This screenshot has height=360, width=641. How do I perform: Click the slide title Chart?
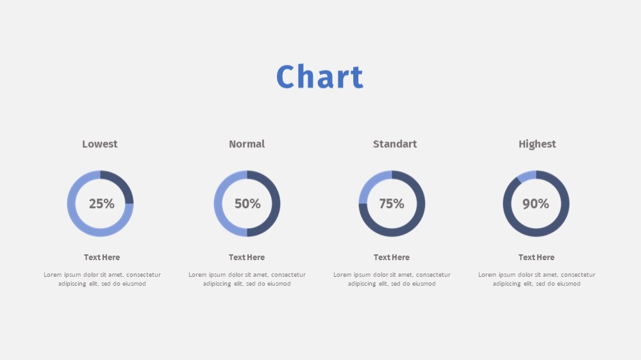point(320,76)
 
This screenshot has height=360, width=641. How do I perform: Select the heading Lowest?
point(100,144)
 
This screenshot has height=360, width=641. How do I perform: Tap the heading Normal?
point(247,144)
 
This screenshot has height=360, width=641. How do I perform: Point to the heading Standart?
point(394,144)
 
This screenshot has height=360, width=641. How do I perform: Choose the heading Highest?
point(537,144)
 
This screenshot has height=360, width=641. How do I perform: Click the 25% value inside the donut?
point(101,204)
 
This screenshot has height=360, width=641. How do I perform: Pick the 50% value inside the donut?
point(247,204)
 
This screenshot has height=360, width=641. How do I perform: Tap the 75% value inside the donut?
point(392,204)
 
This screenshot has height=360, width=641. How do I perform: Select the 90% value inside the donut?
point(535,204)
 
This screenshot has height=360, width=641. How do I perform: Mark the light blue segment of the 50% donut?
point(218,204)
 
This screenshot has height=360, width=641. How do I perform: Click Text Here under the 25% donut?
point(102,258)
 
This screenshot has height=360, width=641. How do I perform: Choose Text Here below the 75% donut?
point(392,258)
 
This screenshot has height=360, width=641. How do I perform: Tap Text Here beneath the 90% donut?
point(537,258)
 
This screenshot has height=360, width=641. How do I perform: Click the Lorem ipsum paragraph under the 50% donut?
point(247,279)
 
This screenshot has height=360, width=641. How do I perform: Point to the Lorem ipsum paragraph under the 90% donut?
point(537,279)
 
